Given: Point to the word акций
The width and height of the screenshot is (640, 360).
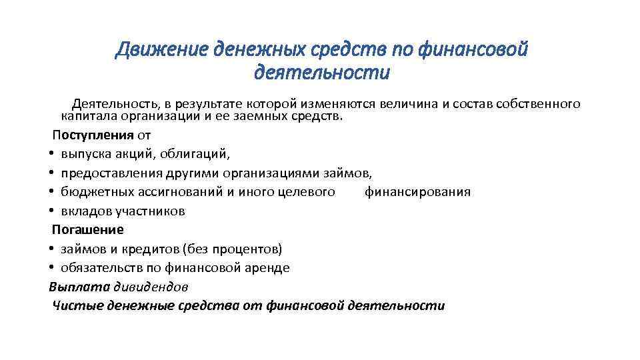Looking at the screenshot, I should pyautogui.click(x=150, y=154).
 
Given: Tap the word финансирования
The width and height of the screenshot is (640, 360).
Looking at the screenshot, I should pyautogui.click(x=418, y=192).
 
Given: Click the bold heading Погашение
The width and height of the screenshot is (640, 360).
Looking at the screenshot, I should pyautogui.click(x=88, y=229).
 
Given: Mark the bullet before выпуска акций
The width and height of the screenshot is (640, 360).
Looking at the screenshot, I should pyautogui.click(x=51, y=155).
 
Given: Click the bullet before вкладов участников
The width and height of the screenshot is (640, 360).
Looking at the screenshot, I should pyautogui.click(x=51, y=211).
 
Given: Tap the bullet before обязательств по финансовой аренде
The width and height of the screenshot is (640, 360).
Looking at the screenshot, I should pyautogui.click(x=51, y=268).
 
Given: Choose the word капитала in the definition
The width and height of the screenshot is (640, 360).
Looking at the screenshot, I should pyautogui.click(x=87, y=115).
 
